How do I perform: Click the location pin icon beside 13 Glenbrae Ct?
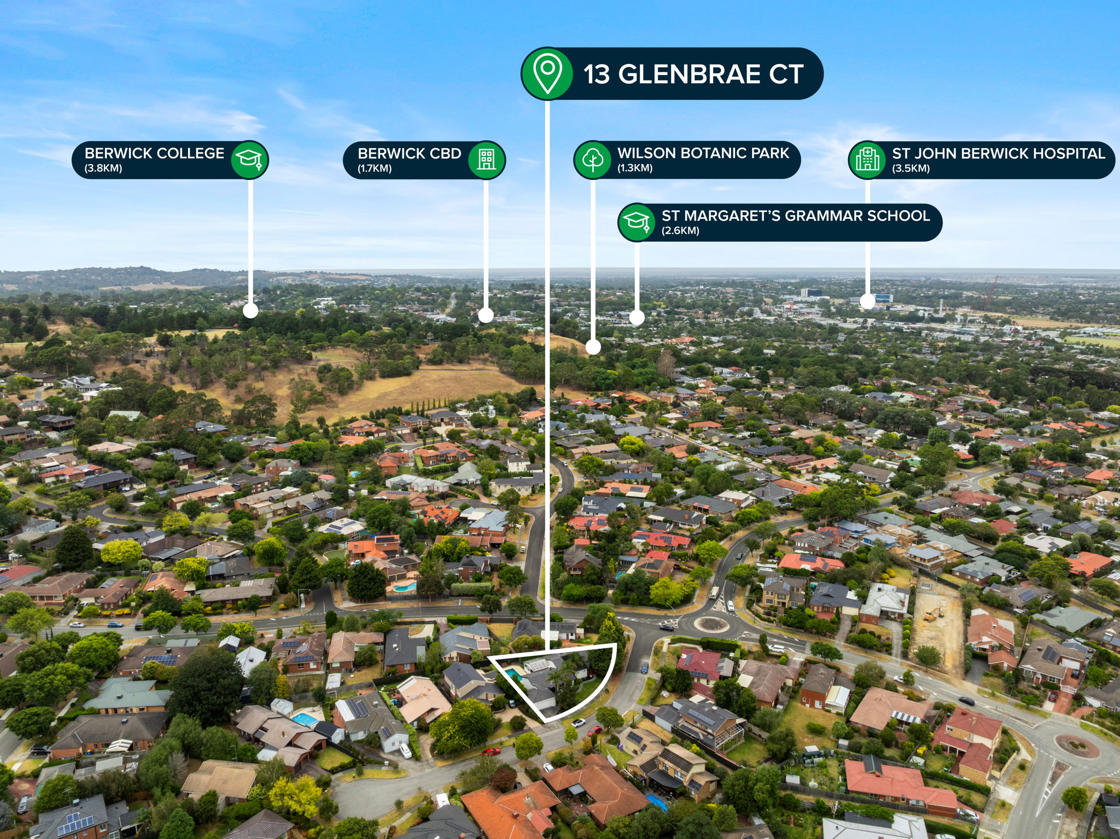coord(547,73)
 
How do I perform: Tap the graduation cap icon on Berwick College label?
coord(249,160)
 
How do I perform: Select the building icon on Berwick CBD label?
coord(486,160)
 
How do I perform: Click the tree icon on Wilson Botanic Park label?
coord(593,160)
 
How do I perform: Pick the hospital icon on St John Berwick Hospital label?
coord(867,160)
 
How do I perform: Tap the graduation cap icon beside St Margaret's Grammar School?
coord(637,222)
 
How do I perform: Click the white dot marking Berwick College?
coord(250,311)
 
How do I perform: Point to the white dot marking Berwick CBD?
coord(486,315)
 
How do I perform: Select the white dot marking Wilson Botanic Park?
coord(593,347)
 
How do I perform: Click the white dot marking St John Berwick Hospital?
coord(867,301)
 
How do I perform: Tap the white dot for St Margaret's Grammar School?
coord(637,317)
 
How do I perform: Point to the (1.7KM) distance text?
coord(375,168)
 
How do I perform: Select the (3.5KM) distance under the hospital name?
coord(911,168)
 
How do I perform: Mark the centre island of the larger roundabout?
coord(711,624)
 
